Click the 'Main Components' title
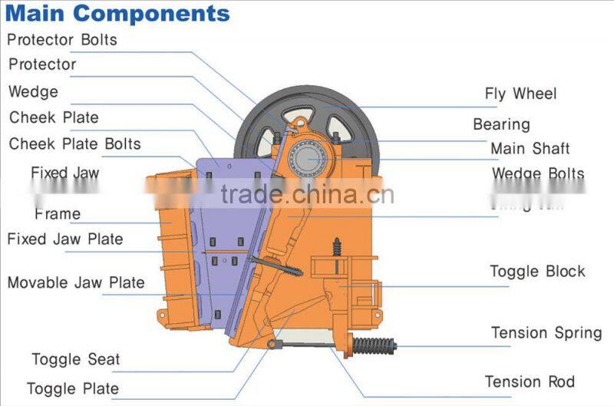[x=117, y=14]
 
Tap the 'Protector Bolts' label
[x=62, y=39]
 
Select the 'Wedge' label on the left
[x=33, y=92]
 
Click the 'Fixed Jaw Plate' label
[x=65, y=239]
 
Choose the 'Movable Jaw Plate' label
[x=76, y=282]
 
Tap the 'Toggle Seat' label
[x=76, y=358]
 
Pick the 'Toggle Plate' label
[x=73, y=388]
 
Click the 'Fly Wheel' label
[x=520, y=94]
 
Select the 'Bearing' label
[x=501, y=124]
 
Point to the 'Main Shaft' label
[x=530, y=148]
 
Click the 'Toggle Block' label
[x=537, y=271]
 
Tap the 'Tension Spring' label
[x=546, y=333]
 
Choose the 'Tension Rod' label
[x=530, y=381]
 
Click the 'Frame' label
[x=58, y=213]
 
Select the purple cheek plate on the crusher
[x=230, y=230]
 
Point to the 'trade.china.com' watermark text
[x=307, y=195]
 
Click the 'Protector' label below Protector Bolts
[x=42, y=64]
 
